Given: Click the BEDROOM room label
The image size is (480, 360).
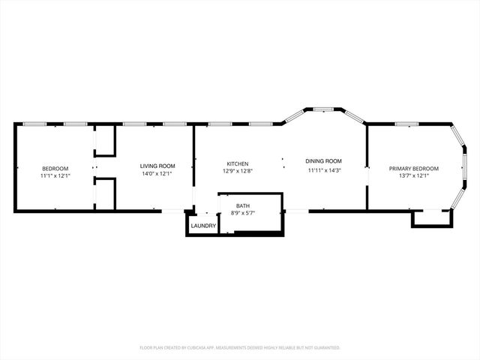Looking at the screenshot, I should [x=55, y=168].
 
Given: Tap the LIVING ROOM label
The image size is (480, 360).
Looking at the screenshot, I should [x=157, y=166].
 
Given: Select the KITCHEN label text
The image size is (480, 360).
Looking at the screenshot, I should [x=238, y=163].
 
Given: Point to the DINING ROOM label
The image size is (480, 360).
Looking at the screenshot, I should [x=323, y=161].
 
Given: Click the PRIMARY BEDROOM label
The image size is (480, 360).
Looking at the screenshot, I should [x=414, y=169].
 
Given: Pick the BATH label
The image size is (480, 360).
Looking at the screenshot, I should [x=243, y=205].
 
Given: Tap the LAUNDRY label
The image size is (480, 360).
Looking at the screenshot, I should [x=203, y=226].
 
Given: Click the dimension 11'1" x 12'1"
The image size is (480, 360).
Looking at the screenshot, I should [x=55, y=175].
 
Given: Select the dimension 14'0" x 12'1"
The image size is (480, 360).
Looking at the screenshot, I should [x=157, y=173].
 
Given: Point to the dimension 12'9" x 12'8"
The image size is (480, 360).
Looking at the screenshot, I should [x=238, y=171].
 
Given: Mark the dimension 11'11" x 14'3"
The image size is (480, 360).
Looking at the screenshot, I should [x=324, y=169].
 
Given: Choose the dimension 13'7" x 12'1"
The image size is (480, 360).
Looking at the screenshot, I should [x=414, y=176].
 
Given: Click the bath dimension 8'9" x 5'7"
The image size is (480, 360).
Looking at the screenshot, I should [x=243, y=213].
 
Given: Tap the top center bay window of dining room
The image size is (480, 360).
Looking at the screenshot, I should [x=323, y=109].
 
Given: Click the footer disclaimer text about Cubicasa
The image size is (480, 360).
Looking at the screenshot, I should [x=240, y=347].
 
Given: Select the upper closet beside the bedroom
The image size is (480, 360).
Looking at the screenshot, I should [x=105, y=141].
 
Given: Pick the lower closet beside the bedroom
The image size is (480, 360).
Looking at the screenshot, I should [x=105, y=194].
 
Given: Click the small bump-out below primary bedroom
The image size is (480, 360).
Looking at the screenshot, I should [x=430, y=217].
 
